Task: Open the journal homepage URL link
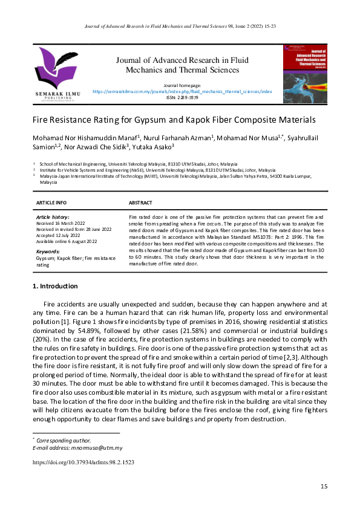point(182,91)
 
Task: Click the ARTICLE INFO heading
point(52,203)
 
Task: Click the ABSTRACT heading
point(141,203)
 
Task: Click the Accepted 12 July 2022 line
point(61,235)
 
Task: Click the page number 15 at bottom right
point(324,487)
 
